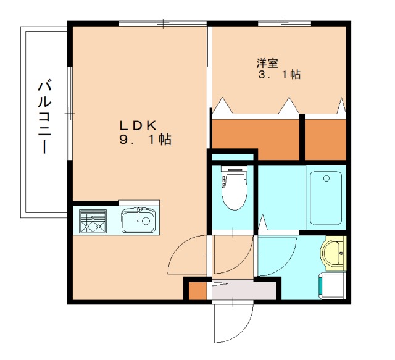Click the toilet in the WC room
point(234,188)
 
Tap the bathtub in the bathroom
point(326,198)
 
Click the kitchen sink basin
point(138,220)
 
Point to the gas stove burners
point(93,221)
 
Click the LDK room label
point(138,125)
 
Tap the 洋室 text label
point(267,63)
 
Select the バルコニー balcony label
point(45,117)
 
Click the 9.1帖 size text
point(146,140)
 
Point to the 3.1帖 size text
point(279,75)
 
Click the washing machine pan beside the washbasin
point(332,286)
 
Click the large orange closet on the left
point(256,140)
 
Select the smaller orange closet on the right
point(325,140)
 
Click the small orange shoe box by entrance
point(197,291)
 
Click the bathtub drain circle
point(326,178)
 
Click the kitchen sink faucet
point(138,214)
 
